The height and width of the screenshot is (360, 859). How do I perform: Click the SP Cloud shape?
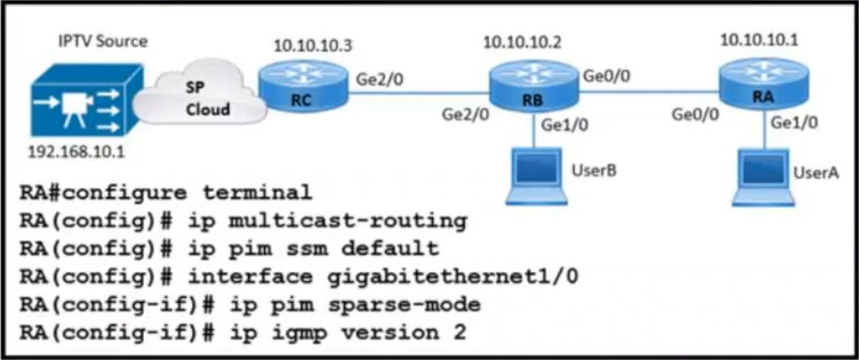[x=200, y=99]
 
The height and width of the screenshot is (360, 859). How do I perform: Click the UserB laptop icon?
[x=534, y=177]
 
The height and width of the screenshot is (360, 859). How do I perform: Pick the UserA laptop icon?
[x=762, y=178]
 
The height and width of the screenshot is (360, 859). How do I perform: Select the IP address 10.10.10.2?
[x=521, y=41]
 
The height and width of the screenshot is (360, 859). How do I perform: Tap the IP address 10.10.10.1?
[x=759, y=40]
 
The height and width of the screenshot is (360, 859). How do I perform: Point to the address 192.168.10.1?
[x=76, y=151]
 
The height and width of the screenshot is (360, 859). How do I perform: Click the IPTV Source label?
[x=104, y=41]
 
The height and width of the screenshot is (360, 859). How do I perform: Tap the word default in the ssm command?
[x=390, y=248]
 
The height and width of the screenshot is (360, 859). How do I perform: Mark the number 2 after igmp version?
[x=460, y=333]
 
